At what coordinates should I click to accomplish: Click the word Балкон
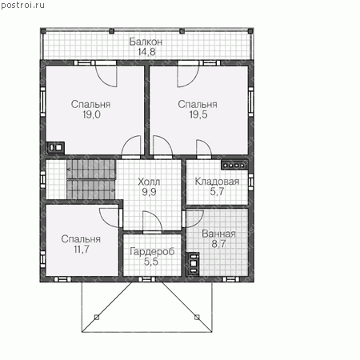tap(146, 42)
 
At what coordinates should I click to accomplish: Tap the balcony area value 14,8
tap(146, 52)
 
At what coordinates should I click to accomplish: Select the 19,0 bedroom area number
tap(91, 114)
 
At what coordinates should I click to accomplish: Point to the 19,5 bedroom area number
tap(198, 114)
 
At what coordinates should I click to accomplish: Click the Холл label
tap(149, 182)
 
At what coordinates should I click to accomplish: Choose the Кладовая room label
tap(217, 182)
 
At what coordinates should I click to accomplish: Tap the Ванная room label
tap(218, 234)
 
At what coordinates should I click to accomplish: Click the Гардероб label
tap(152, 251)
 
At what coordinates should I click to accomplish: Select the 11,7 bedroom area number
tap(82, 249)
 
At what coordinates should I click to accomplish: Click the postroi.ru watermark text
tap(23, 5)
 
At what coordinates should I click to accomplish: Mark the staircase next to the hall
tap(91, 179)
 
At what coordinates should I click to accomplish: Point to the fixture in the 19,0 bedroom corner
tap(56, 147)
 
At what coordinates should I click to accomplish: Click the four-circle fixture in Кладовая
tap(234, 166)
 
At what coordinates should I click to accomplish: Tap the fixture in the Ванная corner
tap(193, 264)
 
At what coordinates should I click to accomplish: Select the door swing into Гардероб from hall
tap(152, 222)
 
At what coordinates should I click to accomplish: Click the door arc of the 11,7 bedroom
tap(109, 218)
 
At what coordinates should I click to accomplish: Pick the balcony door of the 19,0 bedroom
tap(106, 75)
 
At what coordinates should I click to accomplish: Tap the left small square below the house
tap(97, 317)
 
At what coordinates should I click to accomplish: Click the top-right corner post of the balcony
tap(250, 31)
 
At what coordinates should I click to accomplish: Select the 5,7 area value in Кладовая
tap(217, 191)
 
